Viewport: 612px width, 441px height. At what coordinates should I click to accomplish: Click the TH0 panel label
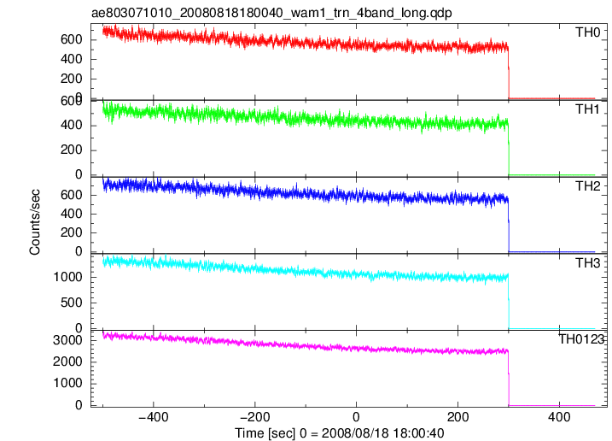(x=587, y=32)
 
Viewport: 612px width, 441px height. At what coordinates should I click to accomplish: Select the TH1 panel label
(x=587, y=109)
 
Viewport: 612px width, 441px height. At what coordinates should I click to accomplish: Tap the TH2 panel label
(x=587, y=186)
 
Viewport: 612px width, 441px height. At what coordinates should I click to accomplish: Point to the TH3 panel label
(x=587, y=263)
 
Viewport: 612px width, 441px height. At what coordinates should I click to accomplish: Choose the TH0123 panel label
(x=581, y=339)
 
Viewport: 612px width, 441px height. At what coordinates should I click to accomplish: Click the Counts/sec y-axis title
(x=35, y=222)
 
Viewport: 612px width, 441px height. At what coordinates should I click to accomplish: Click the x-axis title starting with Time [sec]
(x=339, y=433)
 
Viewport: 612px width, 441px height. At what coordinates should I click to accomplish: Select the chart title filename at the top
(x=271, y=13)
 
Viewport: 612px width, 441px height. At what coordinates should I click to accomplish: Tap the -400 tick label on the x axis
(x=154, y=417)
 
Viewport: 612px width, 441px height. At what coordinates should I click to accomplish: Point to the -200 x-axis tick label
(x=255, y=417)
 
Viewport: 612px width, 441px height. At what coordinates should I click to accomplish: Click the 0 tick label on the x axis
(x=356, y=417)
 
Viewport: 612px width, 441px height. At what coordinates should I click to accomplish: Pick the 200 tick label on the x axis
(x=458, y=417)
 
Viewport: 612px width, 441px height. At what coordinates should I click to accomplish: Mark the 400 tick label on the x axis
(x=559, y=417)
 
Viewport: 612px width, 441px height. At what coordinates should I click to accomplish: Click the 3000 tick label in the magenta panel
(x=68, y=340)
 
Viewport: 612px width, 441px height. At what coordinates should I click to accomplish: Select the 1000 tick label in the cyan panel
(x=68, y=277)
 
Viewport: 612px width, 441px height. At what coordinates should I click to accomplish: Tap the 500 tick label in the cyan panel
(x=72, y=303)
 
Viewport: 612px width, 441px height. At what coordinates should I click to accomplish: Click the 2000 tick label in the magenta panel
(x=68, y=362)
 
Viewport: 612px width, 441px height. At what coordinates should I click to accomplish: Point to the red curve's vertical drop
(x=509, y=73)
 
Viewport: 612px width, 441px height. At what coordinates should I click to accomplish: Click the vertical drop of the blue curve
(x=509, y=226)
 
